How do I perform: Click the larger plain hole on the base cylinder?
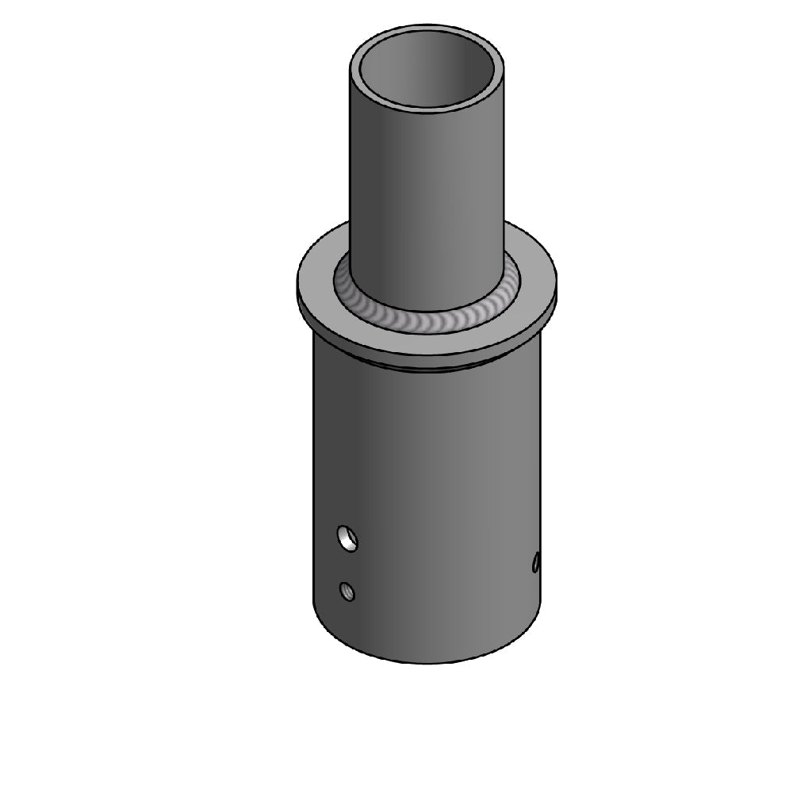click(347, 538)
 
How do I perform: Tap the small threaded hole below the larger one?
click(346, 591)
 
